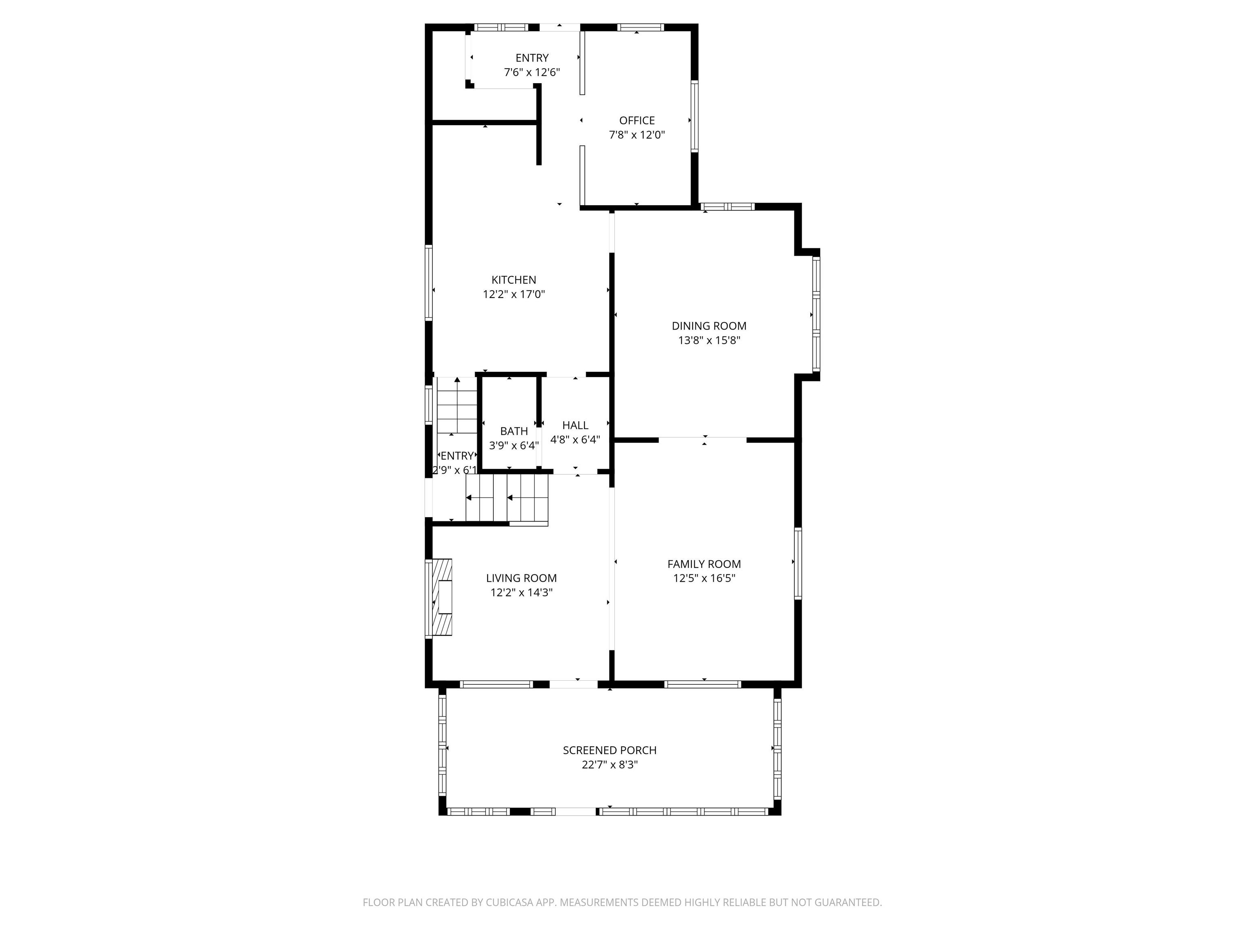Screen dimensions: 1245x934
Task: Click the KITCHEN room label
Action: pos(513,280)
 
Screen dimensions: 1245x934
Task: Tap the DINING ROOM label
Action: pos(708,326)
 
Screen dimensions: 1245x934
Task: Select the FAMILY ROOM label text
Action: pos(704,564)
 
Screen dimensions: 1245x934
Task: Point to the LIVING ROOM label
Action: pos(521,578)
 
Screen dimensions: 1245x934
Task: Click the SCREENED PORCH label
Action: pos(610,750)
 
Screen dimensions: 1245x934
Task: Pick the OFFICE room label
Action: pos(637,120)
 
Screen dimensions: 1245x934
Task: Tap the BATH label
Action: pos(514,431)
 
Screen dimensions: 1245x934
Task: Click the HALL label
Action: pos(575,426)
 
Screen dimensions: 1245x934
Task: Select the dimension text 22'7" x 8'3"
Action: pos(610,765)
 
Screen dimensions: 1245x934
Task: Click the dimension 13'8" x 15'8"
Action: pos(708,341)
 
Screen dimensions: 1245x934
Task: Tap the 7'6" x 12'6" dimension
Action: pos(532,73)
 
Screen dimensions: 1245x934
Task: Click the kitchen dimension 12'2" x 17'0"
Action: pos(513,294)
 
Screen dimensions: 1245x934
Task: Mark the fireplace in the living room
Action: pos(439,598)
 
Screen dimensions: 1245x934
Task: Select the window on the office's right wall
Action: pos(695,116)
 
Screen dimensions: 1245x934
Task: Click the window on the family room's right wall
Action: pos(798,563)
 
